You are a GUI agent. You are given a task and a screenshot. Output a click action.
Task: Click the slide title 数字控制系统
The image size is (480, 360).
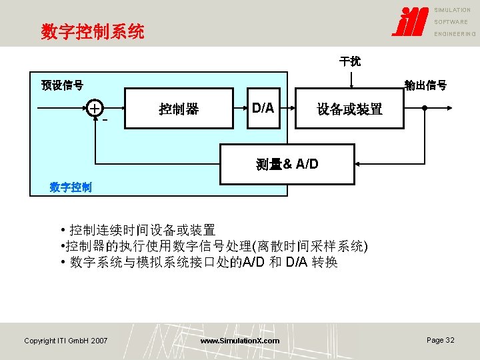tap(93, 31)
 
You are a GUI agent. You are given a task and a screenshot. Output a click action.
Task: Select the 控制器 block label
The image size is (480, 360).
tap(179, 109)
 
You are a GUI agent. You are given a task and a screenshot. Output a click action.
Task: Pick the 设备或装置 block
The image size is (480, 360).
tap(349, 109)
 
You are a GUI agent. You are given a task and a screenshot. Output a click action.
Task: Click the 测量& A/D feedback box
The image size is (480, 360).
tap(287, 164)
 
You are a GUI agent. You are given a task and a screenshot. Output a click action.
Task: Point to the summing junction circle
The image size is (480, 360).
tap(96, 108)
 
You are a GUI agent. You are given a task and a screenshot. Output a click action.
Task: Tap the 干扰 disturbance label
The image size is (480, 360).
tap(350, 61)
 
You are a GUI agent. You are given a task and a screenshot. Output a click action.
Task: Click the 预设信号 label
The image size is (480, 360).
tap(62, 85)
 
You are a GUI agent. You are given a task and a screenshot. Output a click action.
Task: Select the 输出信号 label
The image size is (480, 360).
tap(425, 85)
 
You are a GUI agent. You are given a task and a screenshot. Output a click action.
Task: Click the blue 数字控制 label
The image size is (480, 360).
tap(71, 187)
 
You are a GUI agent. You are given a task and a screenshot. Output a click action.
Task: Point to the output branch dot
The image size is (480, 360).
tap(424, 108)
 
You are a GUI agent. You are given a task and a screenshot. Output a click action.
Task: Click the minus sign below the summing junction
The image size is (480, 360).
tap(105, 121)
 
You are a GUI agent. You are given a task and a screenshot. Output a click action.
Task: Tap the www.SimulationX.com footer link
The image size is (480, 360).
tap(240, 341)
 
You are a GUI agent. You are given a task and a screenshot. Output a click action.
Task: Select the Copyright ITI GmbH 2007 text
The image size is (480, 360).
tap(65, 341)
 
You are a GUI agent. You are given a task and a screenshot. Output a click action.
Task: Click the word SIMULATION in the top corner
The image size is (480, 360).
tap(453, 10)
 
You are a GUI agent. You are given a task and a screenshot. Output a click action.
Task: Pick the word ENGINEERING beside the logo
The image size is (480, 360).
tap(455, 34)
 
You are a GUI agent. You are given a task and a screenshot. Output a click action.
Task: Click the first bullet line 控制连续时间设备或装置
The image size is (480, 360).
tap(142, 230)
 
